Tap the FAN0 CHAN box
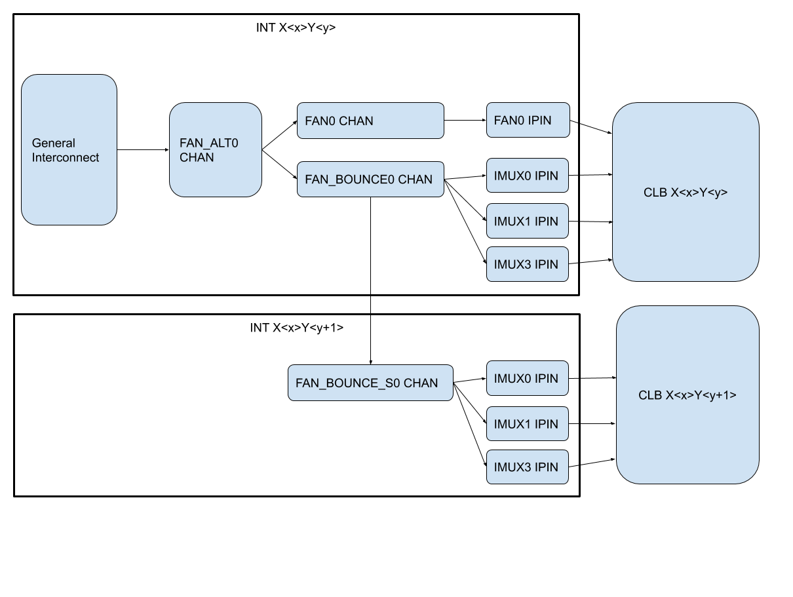[370, 121]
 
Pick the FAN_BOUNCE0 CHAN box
[370, 179]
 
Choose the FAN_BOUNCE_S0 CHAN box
[370, 383]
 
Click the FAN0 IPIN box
[528, 120]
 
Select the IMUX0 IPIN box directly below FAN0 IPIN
[527, 176]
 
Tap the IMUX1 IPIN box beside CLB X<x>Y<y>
[527, 221]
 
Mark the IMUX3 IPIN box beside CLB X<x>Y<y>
[527, 264]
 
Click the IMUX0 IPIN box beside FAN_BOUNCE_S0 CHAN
[527, 378]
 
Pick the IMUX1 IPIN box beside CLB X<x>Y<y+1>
[527, 424]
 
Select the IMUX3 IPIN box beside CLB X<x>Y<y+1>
[527, 467]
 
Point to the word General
[54, 143]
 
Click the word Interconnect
[66, 157]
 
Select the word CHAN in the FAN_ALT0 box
[197, 157]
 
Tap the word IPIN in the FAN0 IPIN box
[539, 120]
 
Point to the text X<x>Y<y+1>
[701, 395]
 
